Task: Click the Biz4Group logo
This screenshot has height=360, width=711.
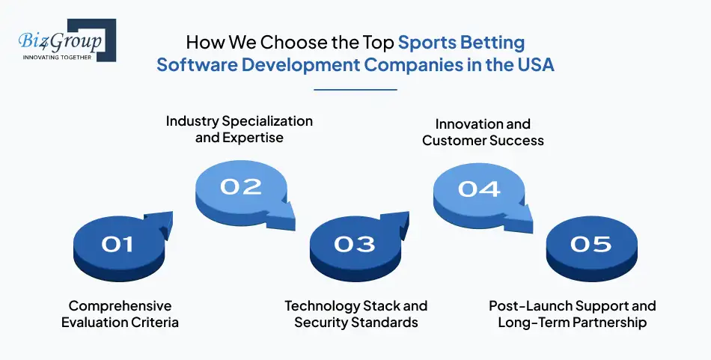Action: [x=63, y=42]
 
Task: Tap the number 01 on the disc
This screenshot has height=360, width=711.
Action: [x=118, y=244]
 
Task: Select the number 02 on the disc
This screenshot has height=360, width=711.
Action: [x=241, y=186]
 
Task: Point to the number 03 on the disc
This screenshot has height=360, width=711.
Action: [x=355, y=244]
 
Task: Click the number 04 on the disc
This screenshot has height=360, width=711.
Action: [x=479, y=188]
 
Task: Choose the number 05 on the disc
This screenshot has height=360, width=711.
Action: [x=591, y=244]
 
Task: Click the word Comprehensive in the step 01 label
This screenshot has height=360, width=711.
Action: [x=120, y=306]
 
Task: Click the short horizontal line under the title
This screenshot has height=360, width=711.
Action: [x=355, y=89]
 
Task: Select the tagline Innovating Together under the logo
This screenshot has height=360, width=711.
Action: [x=57, y=57]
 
